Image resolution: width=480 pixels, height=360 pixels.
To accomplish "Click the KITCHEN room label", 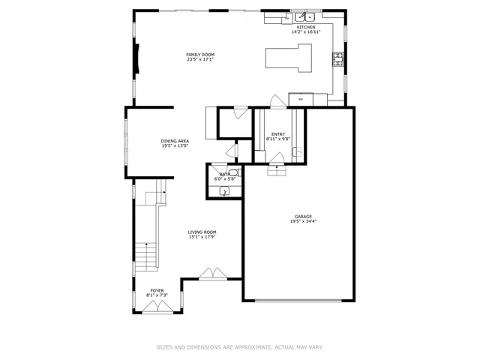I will [x=306, y=28].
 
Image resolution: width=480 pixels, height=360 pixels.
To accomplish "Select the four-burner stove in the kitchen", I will [x=337, y=60].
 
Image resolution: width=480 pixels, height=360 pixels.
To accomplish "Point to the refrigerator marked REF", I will [x=301, y=98].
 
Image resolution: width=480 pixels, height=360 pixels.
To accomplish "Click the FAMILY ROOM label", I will [x=200, y=55].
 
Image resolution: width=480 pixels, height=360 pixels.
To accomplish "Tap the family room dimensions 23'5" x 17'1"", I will [x=200, y=60].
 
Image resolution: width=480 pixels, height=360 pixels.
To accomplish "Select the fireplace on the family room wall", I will [x=137, y=58].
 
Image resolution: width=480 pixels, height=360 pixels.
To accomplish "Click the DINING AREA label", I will [x=175, y=141].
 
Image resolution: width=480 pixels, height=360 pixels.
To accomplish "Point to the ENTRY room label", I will [x=277, y=134].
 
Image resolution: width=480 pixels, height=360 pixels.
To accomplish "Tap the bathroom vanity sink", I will [x=223, y=192].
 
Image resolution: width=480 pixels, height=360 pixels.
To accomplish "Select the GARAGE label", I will [x=302, y=217].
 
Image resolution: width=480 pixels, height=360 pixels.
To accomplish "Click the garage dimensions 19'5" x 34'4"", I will [x=302, y=222].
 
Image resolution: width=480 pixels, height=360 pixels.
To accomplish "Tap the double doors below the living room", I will [x=212, y=274].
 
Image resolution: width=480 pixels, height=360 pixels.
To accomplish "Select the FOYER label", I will [x=157, y=290].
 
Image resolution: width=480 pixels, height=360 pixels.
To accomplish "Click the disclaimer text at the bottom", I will [x=239, y=347].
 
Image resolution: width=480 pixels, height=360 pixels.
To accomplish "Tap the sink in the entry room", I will [x=296, y=152].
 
